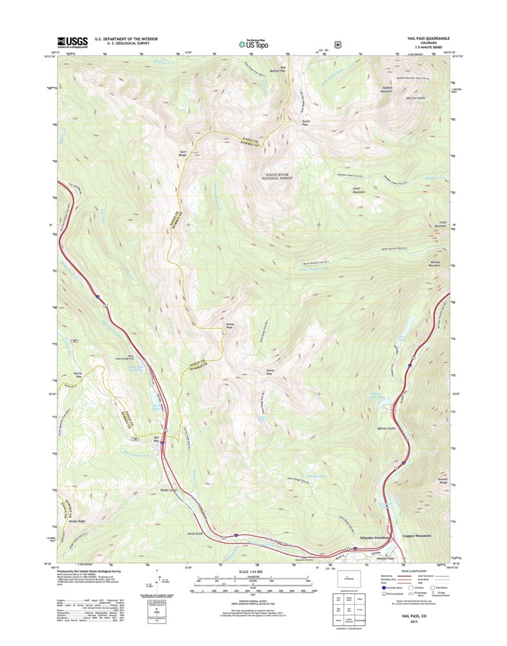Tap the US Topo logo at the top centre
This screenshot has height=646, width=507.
pos(253,43)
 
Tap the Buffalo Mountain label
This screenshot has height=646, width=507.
pos(387,89)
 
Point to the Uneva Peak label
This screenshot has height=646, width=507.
pos(229,326)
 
